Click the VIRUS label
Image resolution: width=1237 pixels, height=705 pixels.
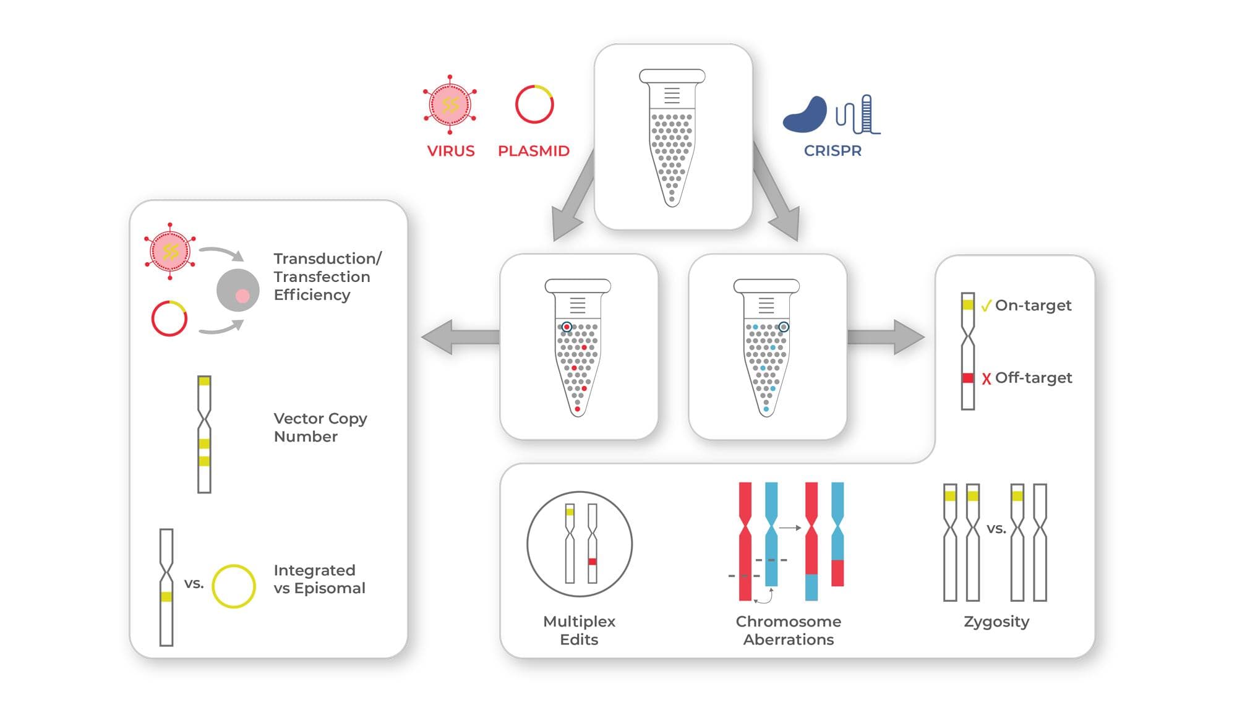(451, 151)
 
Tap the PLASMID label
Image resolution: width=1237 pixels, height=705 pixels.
(533, 151)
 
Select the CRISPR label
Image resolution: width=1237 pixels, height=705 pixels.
(833, 151)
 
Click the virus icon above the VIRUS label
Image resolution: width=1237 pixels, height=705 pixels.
(450, 105)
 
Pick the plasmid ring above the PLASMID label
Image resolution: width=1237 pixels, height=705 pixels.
(534, 105)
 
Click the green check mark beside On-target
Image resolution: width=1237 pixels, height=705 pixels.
(986, 305)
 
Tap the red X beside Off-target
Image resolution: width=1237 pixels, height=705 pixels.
(986, 378)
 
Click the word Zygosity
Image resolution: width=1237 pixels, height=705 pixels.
(996, 622)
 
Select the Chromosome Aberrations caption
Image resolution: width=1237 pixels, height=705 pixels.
(789, 630)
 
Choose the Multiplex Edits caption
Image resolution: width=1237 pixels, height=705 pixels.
(579, 630)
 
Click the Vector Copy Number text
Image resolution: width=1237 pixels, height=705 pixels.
(320, 427)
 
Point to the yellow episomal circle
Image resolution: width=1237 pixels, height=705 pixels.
(234, 586)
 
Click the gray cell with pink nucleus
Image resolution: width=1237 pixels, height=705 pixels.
(238, 290)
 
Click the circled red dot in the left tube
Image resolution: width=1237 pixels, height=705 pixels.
(567, 327)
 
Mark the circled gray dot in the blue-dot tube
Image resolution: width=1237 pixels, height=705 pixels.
(784, 327)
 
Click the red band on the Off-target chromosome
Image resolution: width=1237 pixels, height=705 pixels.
(968, 378)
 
